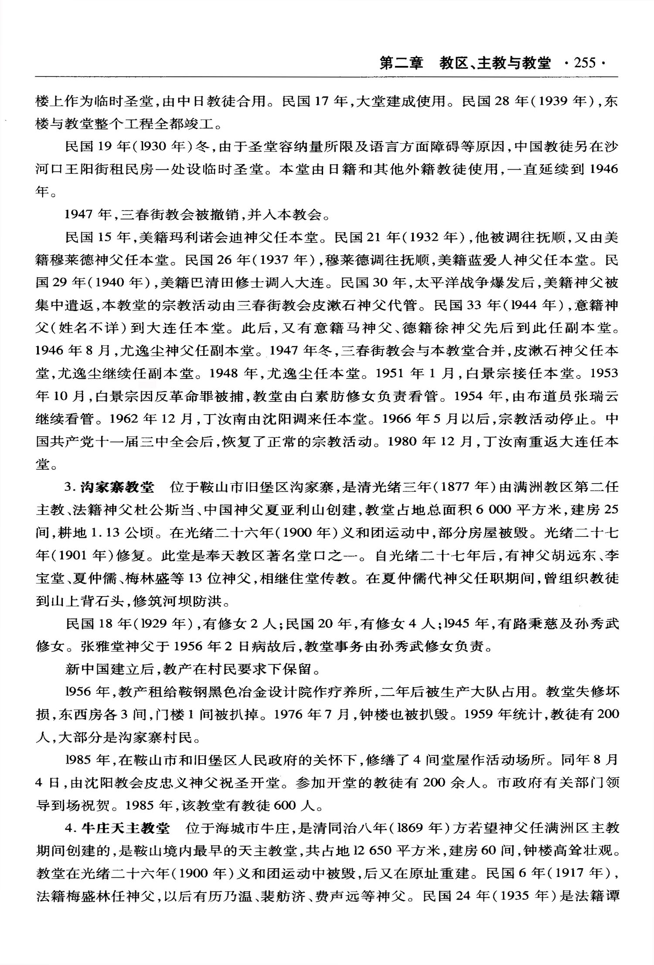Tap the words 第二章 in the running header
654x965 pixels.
tap(402, 63)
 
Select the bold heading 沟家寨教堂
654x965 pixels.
tap(117, 487)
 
